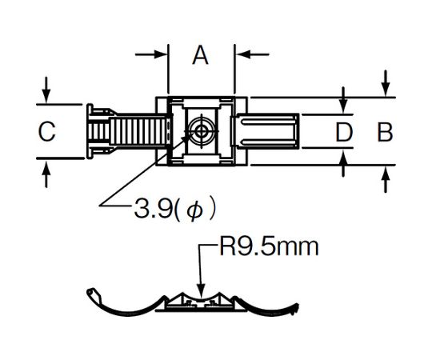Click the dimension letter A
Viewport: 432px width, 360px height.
tap(200, 55)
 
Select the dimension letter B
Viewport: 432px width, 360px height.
tap(385, 133)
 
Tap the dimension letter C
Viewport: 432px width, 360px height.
tap(47, 132)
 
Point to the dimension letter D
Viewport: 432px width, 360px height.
tap(344, 133)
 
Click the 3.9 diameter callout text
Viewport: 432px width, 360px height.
tap(174, 208)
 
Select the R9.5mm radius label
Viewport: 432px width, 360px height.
tap(269, 247)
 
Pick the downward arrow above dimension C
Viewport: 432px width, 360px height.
tap(46, 90)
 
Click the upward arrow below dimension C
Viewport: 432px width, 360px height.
tap(46, 174)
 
